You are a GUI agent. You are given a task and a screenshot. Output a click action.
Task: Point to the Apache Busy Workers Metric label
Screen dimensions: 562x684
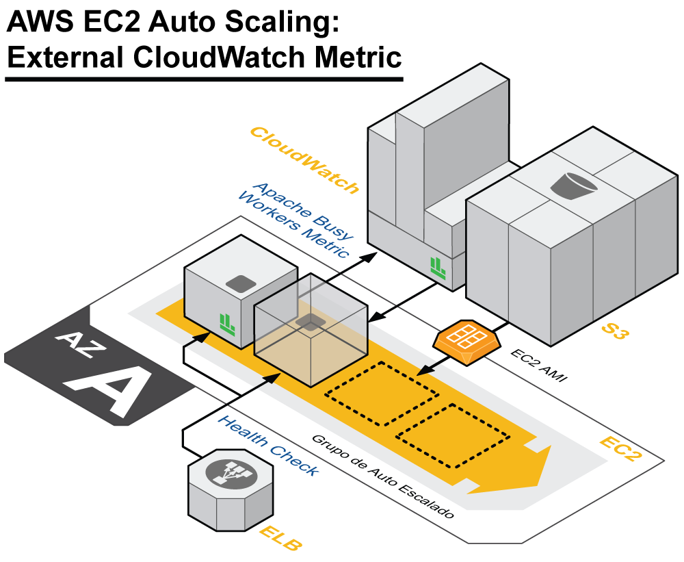click(296, 219)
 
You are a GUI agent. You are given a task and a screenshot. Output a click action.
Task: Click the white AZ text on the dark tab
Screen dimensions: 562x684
click(80, 342)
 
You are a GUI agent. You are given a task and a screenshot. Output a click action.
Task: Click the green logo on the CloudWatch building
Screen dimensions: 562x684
click(438, 266)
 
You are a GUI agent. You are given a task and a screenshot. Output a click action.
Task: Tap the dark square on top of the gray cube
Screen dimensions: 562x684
click(240, 283)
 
